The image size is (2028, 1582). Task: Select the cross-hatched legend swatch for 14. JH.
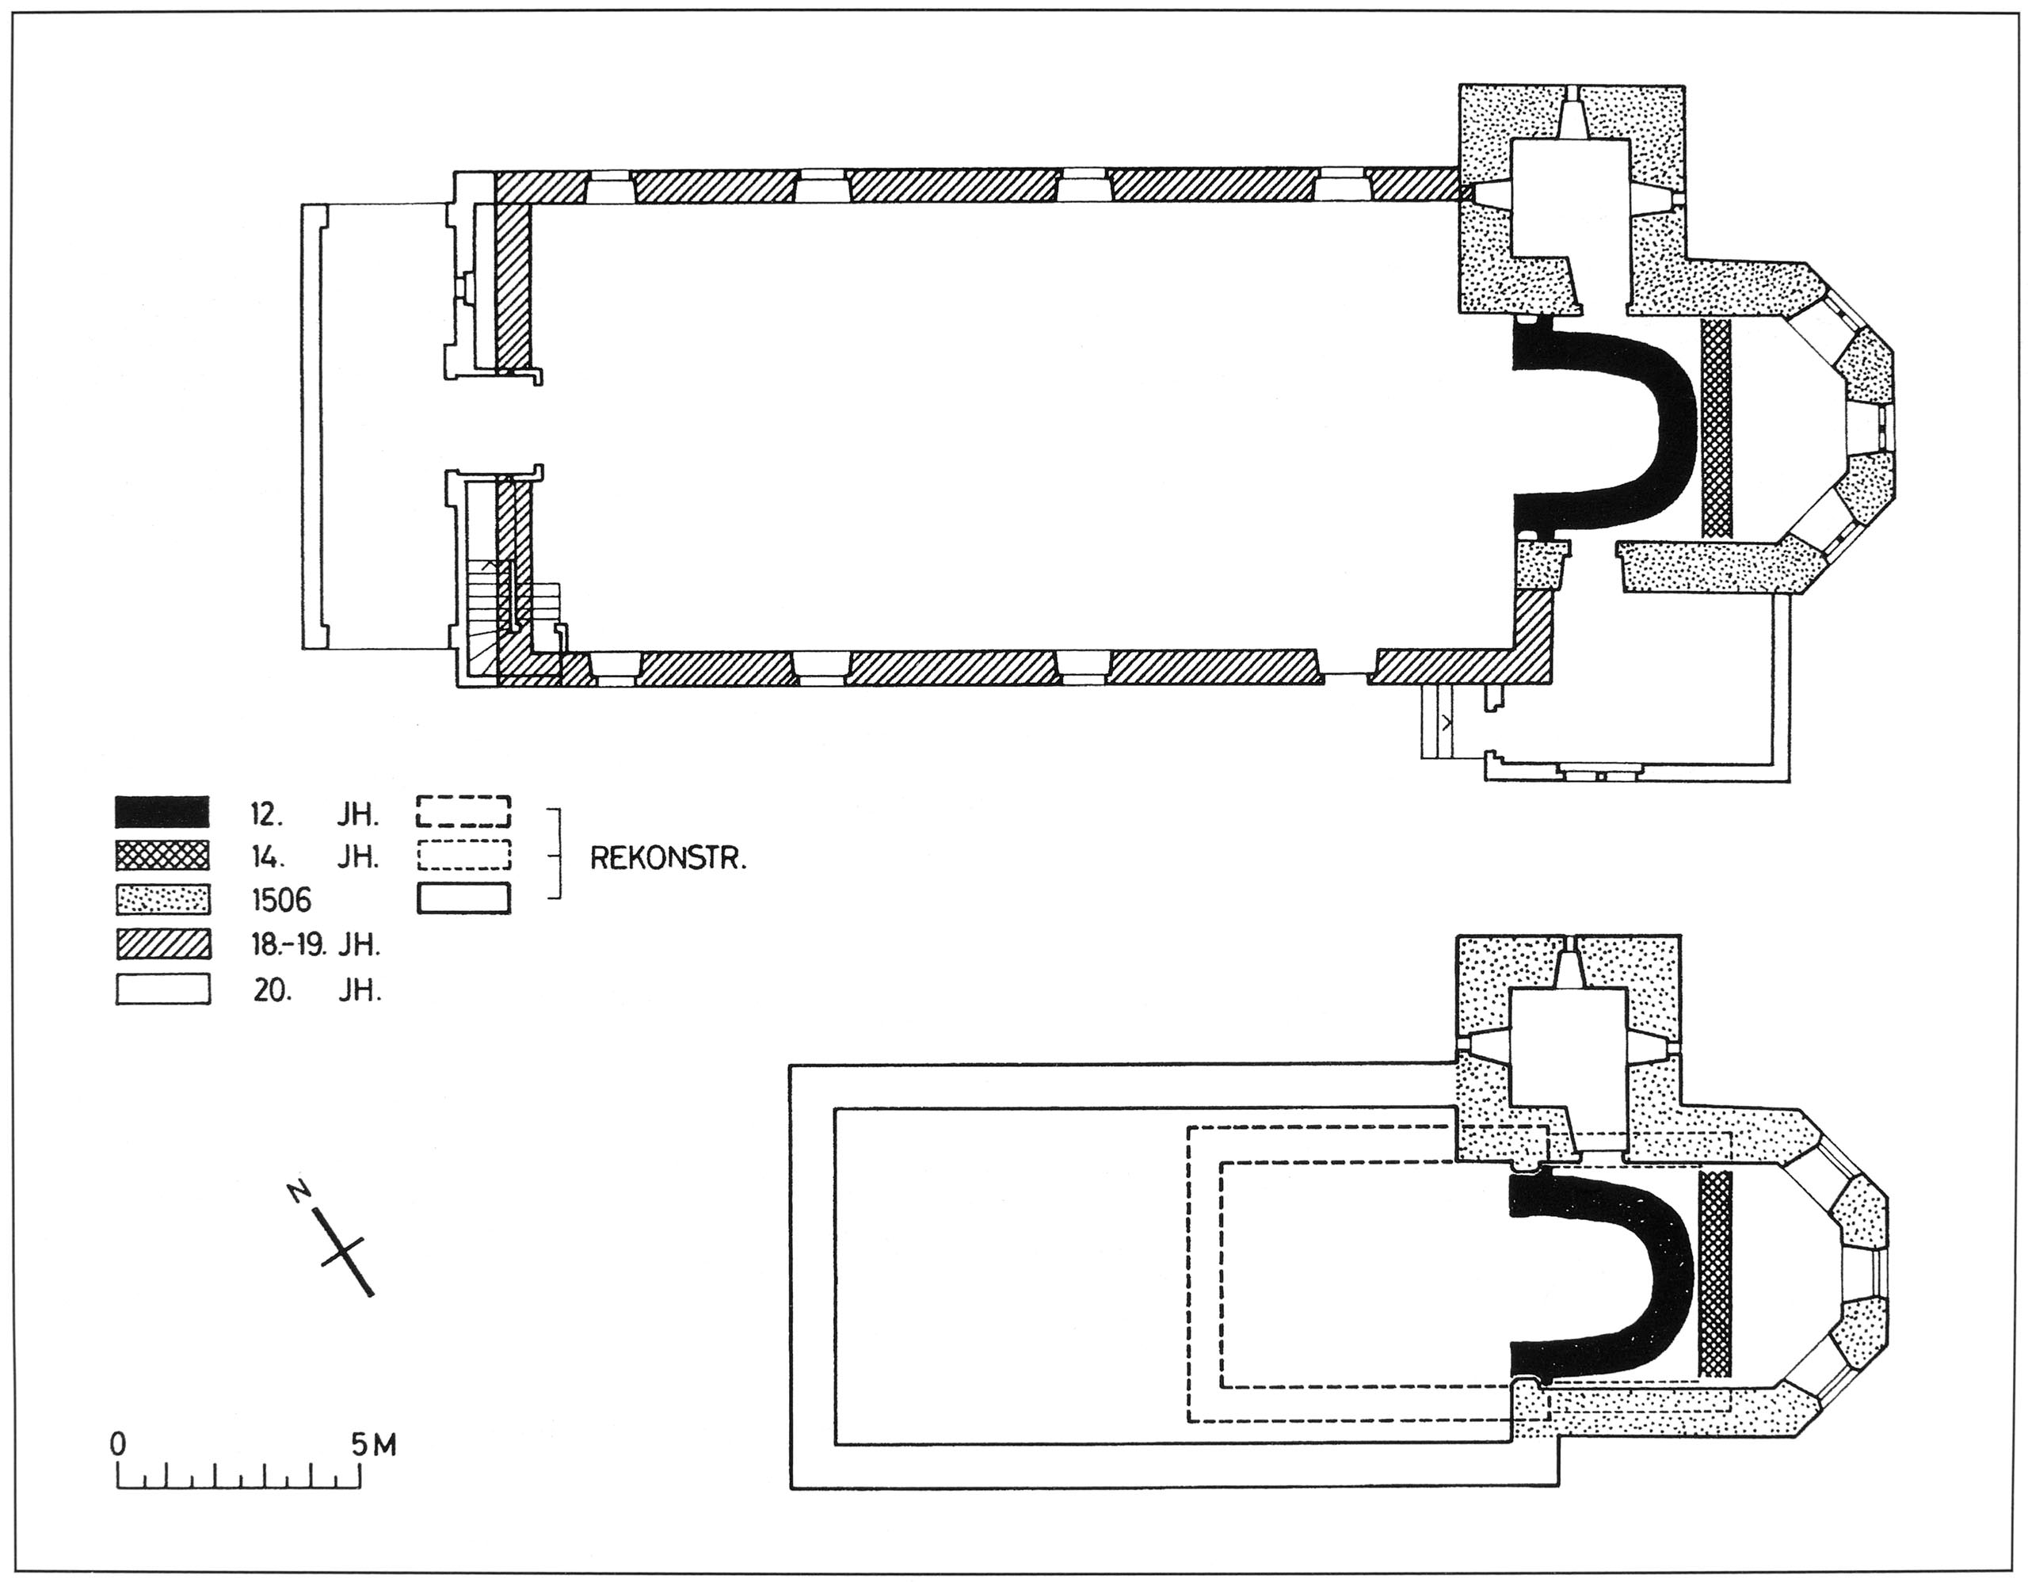(x=162, y=855)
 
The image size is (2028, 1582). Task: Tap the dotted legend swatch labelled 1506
(x=162, y=898)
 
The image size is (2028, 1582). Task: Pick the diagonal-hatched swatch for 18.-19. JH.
(x=162, y=944)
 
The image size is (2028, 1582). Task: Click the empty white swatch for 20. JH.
(x=162, y=989)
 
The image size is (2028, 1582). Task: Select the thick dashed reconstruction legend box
(x=463, y=810)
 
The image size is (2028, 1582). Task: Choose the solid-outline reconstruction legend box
(x=463, y=898)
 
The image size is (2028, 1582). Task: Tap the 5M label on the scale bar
(x=373, y=1446)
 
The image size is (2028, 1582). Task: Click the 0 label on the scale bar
(x=118, y=1446)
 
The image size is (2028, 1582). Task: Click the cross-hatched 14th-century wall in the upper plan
(x=1717, y=429)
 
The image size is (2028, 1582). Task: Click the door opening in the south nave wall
(x=1344, y=675)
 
